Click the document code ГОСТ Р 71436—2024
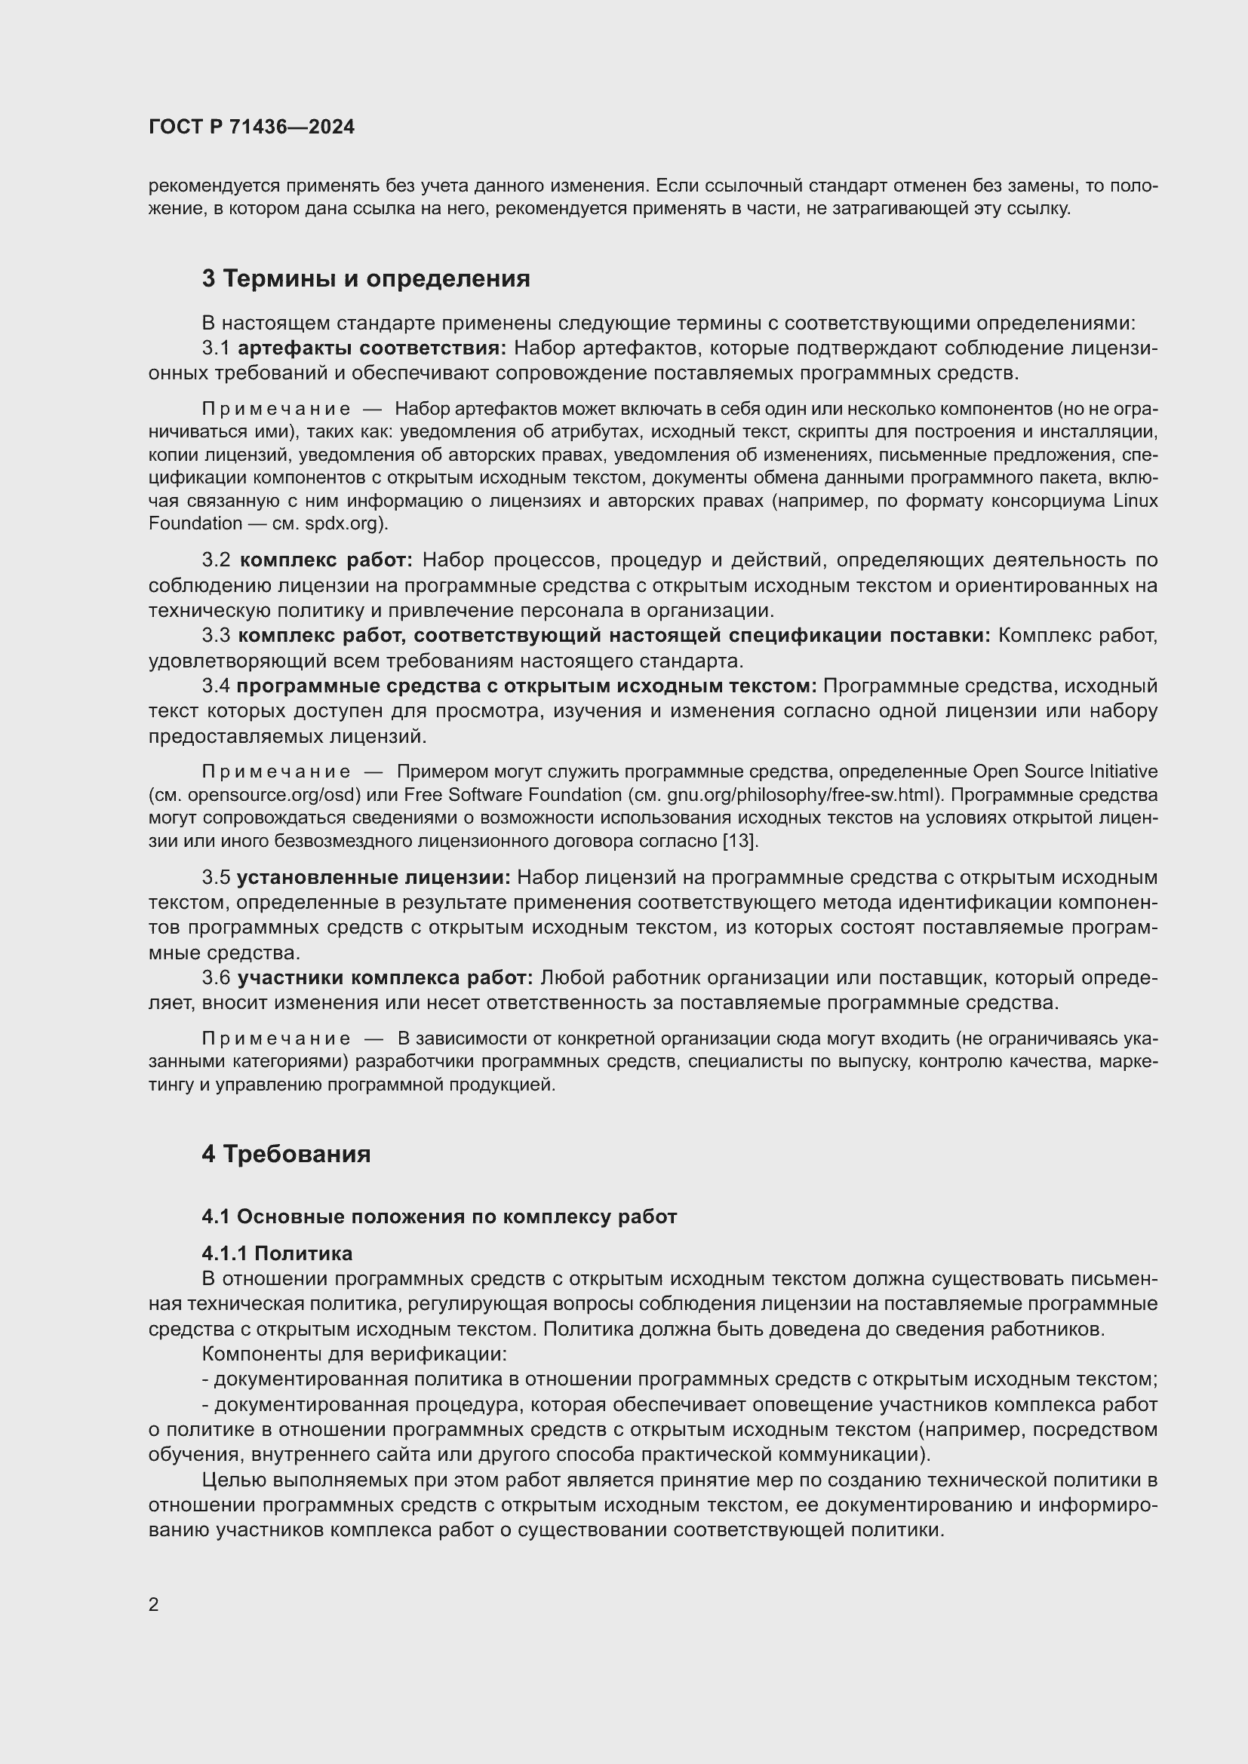251,127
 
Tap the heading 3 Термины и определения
366,278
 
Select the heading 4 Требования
286,1154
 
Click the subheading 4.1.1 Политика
277,1253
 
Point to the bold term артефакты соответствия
372,348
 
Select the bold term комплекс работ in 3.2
327,560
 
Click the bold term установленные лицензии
373,877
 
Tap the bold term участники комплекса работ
385,978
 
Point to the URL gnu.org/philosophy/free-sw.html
806,794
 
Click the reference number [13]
739,840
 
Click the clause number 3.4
216,686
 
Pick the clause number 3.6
216,978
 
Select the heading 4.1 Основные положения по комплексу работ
439,1216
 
